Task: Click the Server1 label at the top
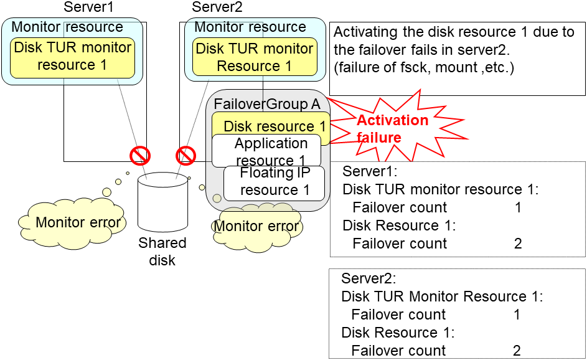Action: coord(92,7)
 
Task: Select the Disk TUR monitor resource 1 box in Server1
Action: coord(72,57)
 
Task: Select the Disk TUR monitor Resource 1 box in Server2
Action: coord(254,57)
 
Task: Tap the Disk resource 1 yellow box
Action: coord(274,125)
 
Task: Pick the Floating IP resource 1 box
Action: coord(275,182)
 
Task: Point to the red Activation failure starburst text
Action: coord(392,128)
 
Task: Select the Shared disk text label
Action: coord(162,251)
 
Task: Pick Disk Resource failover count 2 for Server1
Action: coord(518,244)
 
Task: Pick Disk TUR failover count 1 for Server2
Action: coord(517,315)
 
